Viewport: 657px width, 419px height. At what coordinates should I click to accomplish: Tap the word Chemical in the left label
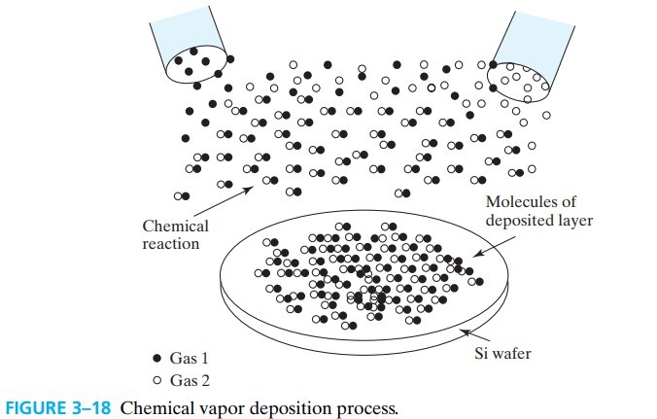[x=176, y=227]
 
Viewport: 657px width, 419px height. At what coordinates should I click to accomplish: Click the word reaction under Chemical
[x=171, y=243]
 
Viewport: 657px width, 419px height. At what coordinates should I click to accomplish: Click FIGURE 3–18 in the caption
[x=57, y=406]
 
